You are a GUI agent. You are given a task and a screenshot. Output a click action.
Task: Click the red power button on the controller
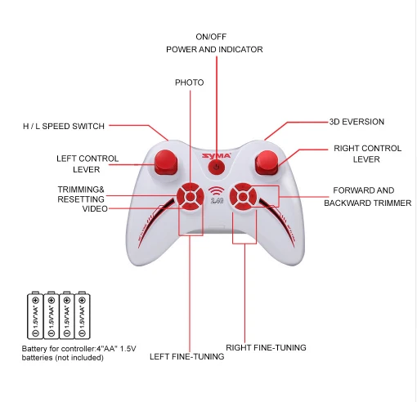click(x=217, y=167)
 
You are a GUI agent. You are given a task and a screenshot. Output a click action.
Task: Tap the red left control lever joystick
click(x=166, y=163)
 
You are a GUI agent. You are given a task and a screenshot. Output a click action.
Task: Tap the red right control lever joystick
click(x=267, y=163)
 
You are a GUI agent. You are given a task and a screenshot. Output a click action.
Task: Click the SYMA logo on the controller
click(x=217, y=155)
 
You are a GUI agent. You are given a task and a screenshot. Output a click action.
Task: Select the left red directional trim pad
click(x=191, y=196)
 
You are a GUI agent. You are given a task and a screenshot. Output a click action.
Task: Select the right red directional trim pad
click(x=244, y=196)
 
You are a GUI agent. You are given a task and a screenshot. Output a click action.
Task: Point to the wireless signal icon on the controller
click(x=217, y=191)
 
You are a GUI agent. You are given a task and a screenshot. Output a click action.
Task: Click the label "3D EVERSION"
click(x=356, y=122)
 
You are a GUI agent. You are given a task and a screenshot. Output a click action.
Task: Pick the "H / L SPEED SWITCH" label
click(x=64, y=126)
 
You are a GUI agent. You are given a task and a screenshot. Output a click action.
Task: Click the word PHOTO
click(x=190, y=83)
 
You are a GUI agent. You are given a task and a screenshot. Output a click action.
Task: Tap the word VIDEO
click(x=95, y=209)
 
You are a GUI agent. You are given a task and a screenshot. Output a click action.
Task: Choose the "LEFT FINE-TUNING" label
click(x=187, y=356)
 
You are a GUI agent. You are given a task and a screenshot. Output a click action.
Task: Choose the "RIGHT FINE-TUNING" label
click(x=266, y=347)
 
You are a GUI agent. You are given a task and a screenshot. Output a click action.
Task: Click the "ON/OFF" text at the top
click(x=211, y=37)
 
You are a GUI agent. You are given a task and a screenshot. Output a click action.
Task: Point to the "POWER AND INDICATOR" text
click(x=214, y=50)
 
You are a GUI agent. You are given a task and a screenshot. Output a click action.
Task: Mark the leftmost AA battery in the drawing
click(x=35, y=315)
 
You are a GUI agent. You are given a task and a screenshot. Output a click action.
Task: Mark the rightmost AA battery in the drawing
click(x=83, y=315)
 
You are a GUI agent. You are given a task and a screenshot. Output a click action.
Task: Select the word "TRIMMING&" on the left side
click(x=81, y=190)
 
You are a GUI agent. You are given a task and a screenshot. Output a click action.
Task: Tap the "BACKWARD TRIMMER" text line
click(x=368, y=203)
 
